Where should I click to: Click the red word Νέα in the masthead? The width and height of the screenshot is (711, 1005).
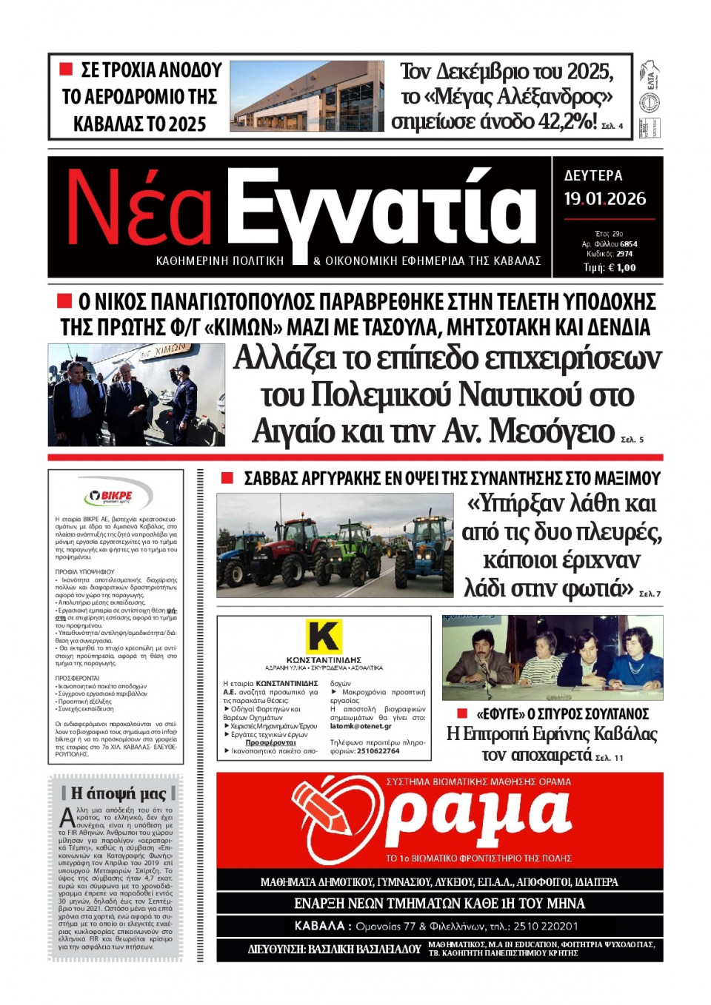(x=139, y=209)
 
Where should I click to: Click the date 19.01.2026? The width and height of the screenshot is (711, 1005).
(x=604, y=199)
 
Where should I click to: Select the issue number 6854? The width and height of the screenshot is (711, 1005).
(x=628, y=243)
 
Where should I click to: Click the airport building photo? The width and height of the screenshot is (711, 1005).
(x=307, y=96)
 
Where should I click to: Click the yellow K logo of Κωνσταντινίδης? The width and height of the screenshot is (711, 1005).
(x=324, y=636)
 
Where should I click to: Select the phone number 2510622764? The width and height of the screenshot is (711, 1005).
(x=378, y=750)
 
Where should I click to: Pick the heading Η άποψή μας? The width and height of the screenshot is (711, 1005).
(x=118, y=793)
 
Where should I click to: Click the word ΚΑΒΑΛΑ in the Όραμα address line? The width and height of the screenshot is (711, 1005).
(x=319, y=925)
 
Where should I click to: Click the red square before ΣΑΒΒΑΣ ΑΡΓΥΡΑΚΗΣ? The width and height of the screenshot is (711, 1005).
(x=227, y=479)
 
